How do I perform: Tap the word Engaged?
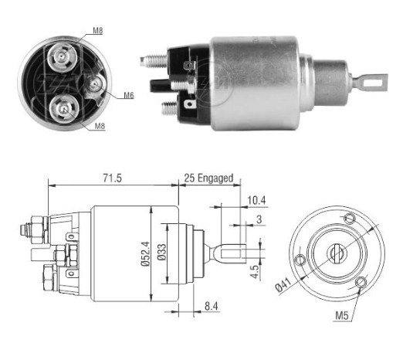coord(215,178)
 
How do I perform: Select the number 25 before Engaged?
coord(189,178)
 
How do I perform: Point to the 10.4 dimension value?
coord(254,201)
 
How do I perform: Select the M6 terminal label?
coord(130,96)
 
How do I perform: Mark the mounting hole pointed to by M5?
coord(360,287)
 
